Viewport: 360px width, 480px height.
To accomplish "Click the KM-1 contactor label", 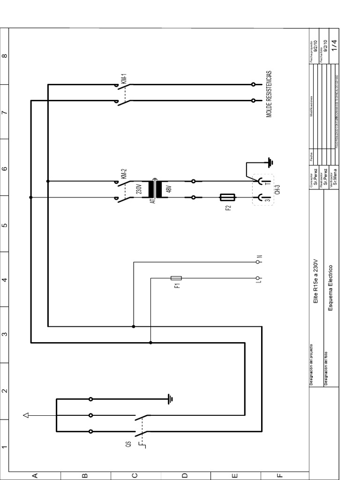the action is (x=124, y=79).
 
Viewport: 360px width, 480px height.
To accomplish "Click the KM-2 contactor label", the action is (x=124, y=174).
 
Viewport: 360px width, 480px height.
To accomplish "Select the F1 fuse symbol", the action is (x=177, y=278).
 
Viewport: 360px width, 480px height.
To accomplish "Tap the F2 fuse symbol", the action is (x=228, y=198).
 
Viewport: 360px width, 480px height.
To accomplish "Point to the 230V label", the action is (x=139, y=189).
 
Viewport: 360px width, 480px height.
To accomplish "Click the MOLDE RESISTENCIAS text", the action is (x=269, y=94).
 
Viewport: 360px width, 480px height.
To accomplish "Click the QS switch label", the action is (x=128, y=444).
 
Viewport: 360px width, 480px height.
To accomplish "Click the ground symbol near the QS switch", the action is (x=171, y=399).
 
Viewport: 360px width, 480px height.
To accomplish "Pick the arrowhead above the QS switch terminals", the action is (x=27, y=415).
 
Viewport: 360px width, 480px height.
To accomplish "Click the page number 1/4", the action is (x=334, y=45).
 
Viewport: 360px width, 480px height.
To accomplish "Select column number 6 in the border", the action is (x=4, y=169).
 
